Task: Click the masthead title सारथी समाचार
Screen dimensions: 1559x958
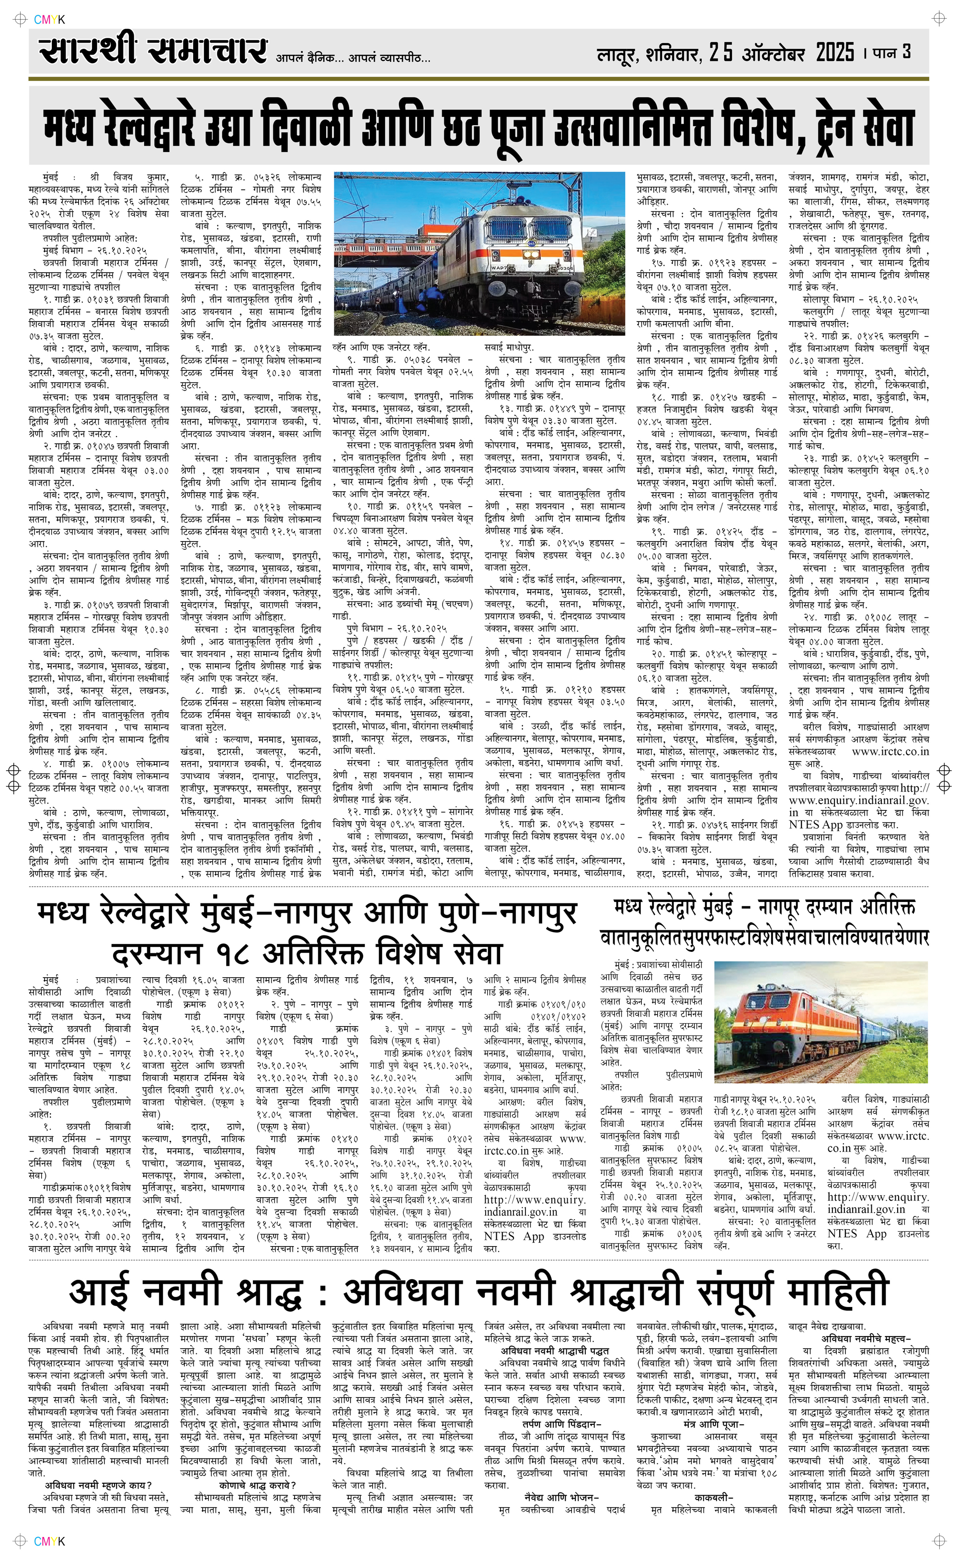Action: (152, 51)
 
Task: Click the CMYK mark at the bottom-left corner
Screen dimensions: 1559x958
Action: (49, 1541)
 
